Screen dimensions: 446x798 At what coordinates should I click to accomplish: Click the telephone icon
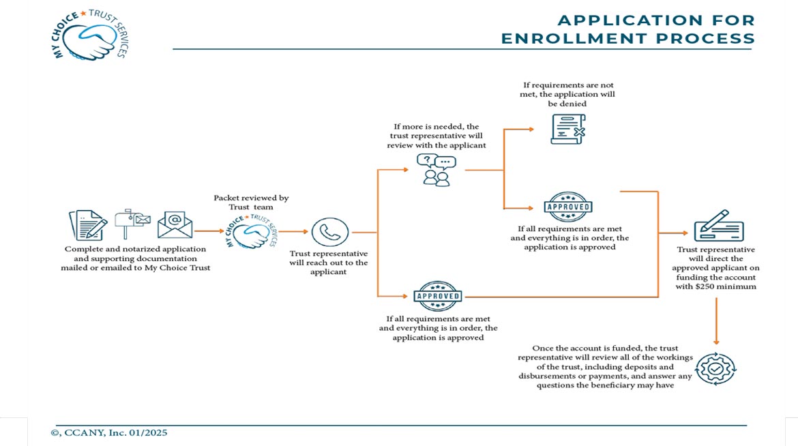click(330, 232)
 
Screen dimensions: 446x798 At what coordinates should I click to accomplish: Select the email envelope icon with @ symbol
click(175, 224)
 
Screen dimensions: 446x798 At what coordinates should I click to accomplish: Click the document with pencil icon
click(88, 225)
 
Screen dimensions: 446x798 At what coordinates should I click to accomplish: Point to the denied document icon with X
click(567, 129)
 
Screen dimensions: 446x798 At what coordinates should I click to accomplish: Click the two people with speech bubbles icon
click(437, 170)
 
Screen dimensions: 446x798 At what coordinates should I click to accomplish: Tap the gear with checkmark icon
click(715, 368)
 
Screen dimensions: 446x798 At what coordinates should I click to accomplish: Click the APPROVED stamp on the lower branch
click(437, 296)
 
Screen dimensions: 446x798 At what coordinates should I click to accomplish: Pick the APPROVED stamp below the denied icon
click(567, 207)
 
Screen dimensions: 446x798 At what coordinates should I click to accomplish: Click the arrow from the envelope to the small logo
click(209, 232)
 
